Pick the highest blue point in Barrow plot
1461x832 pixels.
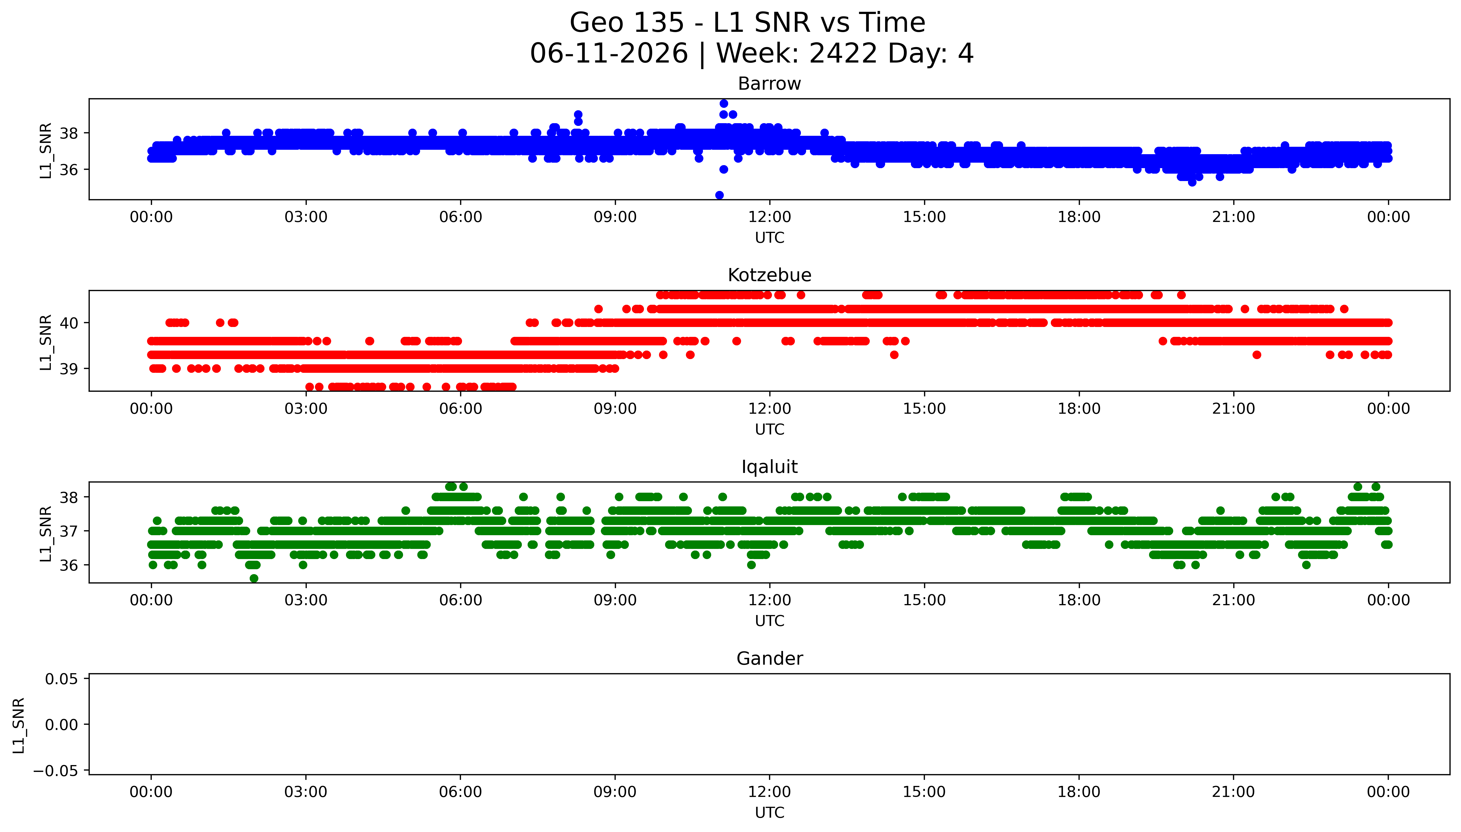pyautogui.click(x=724, y=103)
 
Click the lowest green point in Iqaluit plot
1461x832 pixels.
pyautogui.click(x=254, y=578)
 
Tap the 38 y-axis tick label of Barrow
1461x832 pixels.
pyautogui.click(x=69, y=133)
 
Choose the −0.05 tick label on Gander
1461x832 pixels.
pyautogui.click(x=56, y=771)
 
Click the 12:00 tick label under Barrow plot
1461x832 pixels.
pyautogui.click(x=770, y=217)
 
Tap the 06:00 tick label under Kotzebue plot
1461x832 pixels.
pyautogui.click(x=461, y=408)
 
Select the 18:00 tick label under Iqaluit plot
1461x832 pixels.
pyautogui.click(x=1079, y=600)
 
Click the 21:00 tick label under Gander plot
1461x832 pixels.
pyautogui.click(x=1234, y=792)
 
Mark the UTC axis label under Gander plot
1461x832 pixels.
pyautogui.click(x=770, y=813)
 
